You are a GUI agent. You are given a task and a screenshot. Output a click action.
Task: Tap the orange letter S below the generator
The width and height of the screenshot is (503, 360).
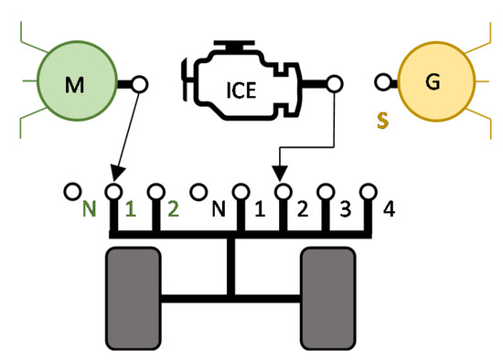(x=385, y=119)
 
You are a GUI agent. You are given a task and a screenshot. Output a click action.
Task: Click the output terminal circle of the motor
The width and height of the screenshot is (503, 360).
(x=140, y=84)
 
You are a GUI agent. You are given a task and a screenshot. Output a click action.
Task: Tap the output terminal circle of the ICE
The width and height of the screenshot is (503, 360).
(x=334, y=84)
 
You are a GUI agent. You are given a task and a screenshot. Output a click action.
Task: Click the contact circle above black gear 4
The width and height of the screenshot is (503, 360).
(x=369, y=192)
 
